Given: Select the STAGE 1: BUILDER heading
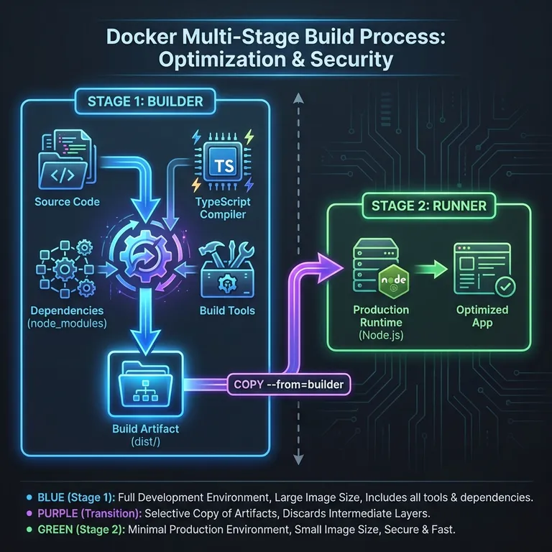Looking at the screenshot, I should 144,101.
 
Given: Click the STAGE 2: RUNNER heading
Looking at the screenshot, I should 428,206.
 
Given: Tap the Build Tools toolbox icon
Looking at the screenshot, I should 225,273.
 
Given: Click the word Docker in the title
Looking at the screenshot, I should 144,37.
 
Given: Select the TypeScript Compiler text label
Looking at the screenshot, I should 224,208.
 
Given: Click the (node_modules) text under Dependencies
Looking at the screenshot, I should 68,323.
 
